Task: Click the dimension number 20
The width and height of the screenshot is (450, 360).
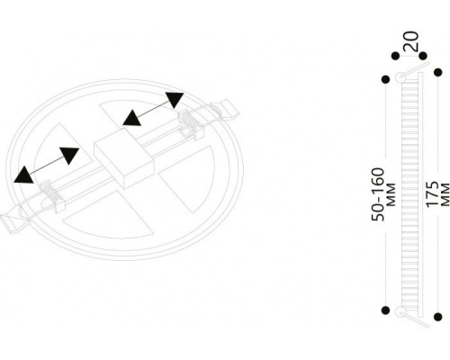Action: [x=410, y=41]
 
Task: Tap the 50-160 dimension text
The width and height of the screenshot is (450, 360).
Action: [x=378, y=194]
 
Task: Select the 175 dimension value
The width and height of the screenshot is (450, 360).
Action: [x=432, y=194]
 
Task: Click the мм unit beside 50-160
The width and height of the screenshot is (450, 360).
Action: [x=391, y=194]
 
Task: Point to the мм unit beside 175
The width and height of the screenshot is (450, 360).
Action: [x=445, y=194]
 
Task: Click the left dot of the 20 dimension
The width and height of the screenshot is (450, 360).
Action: [x=396, y=56]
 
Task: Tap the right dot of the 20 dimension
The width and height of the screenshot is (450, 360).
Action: [x=423, y=56]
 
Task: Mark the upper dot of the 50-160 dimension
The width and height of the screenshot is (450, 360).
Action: [x=385, y=79]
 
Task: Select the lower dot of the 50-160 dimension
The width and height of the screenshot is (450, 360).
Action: [x=386, y=310]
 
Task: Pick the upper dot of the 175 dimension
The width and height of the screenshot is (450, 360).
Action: [x=438, y=72]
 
